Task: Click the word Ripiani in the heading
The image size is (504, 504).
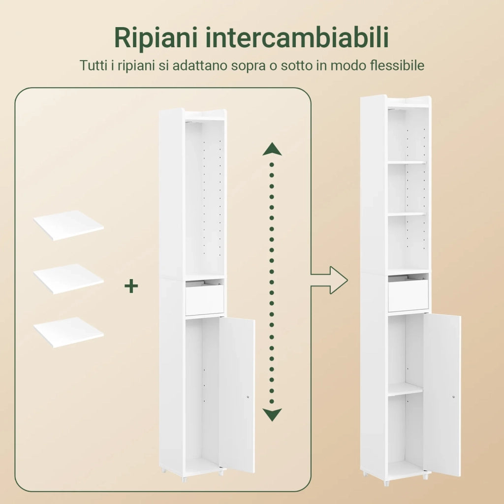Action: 156,38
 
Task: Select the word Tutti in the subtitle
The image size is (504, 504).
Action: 94,65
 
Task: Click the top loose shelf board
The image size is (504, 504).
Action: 68,225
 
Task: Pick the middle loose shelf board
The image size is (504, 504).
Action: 68,279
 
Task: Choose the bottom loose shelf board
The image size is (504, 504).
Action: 68,332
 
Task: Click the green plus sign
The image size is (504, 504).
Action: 131,286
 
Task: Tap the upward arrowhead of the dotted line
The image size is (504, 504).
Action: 272,149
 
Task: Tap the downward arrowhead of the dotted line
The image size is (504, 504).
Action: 272,414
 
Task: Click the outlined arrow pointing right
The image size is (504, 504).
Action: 329,280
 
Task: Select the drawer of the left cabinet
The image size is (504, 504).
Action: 204,299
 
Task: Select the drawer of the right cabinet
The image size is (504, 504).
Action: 408,295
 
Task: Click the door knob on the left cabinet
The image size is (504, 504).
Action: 249,397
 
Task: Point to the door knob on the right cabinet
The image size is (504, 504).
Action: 453,397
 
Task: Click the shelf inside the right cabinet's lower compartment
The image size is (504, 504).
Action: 406,389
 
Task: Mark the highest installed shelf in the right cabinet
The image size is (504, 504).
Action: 407,162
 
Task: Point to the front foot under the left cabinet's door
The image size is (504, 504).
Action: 221,472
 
